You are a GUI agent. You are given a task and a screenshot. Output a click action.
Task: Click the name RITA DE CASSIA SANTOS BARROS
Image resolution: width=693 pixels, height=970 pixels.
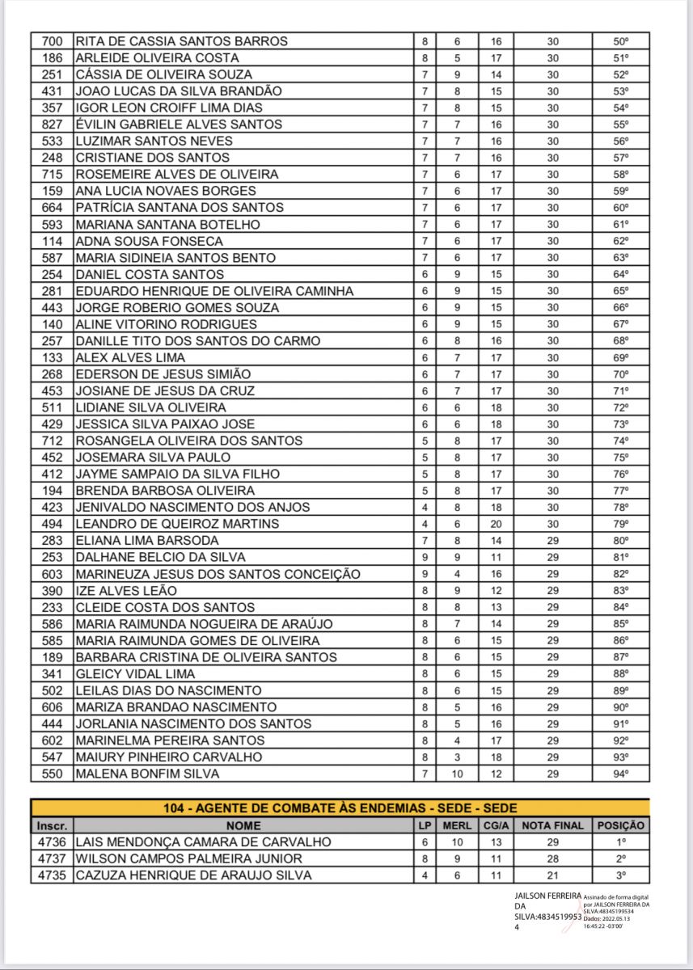(x=181, y=41)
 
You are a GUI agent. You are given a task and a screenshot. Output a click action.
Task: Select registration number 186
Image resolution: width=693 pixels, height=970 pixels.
(x=52, y=58)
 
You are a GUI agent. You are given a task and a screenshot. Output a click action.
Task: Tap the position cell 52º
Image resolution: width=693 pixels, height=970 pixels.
(x=620, y=74)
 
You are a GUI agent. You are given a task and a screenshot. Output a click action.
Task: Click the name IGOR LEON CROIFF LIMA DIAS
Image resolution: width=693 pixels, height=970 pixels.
(x=168, y=108)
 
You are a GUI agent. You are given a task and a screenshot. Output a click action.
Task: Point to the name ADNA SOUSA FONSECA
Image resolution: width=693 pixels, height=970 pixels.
(x=149, y=241)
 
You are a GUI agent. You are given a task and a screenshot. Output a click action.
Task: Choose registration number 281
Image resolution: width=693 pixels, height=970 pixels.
(x=52, y=291)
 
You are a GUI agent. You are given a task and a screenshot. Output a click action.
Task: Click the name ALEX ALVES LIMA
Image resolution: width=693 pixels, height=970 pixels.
(x=130, y=357)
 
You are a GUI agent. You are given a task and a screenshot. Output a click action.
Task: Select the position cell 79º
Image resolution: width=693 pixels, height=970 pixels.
(x=620, y=524)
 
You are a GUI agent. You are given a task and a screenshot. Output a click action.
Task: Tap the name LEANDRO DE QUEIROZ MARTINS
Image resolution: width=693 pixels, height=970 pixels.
(x=177, y=524)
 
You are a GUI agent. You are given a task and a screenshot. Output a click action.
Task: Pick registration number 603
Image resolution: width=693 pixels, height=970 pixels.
(x=52, y=574)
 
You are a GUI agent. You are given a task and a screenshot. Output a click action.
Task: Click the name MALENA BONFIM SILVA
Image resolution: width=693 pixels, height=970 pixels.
(x=147, y=774)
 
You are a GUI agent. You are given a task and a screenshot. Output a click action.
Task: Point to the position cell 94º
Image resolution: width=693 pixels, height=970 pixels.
(x=620, y=774)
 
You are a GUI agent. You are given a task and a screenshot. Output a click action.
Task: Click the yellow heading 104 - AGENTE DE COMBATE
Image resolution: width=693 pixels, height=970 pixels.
(x=340, y=808)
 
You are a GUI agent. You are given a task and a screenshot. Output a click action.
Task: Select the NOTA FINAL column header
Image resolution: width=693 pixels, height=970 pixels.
(x=552, y=825)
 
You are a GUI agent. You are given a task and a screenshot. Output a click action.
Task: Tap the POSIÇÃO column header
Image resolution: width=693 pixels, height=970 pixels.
(x=620, y=825)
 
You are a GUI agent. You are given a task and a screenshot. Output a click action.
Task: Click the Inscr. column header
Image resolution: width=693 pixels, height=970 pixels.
(x=52, y=825)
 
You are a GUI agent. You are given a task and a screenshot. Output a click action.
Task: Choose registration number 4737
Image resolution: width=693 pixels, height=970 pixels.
(x=52, y=858)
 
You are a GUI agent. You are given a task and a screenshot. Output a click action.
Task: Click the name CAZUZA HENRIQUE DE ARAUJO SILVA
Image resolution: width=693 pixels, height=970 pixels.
(x=192, y=875)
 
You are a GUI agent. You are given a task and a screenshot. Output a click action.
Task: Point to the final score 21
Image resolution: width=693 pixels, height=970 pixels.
(x=552, y=875)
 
